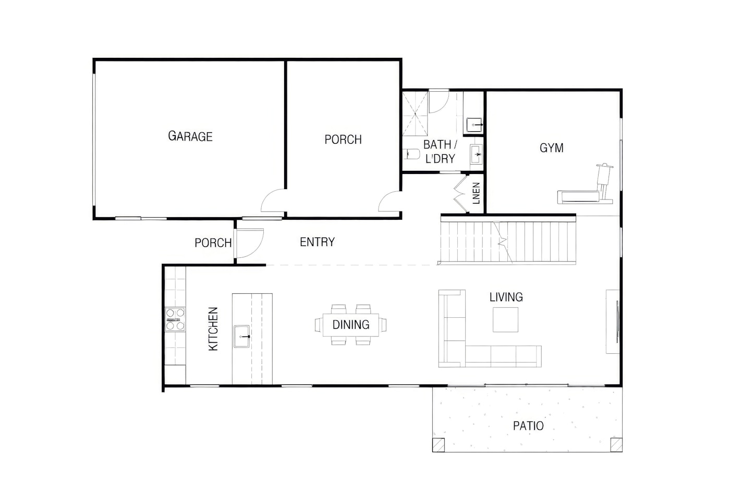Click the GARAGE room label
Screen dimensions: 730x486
point(190,136)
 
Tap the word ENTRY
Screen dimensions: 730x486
point(317,242)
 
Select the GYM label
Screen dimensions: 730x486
point(552,148)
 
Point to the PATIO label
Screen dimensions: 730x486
point(528,426)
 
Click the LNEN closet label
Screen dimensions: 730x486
point(476,193)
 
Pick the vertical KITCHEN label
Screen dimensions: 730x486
point(213,329)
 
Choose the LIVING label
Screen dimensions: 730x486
point(506,297)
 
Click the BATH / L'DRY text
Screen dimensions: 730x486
point(440,152)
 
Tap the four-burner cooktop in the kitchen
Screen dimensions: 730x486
point(175,319)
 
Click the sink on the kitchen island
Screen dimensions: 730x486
point(241,337)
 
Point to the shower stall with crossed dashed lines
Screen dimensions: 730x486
point(415,113)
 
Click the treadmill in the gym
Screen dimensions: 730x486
point(585,184)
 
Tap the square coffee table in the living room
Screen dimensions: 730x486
point(505,320)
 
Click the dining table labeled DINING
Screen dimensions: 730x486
point(350,325)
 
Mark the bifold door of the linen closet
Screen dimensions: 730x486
point(460,194)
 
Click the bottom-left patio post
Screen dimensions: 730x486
point(439,445)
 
